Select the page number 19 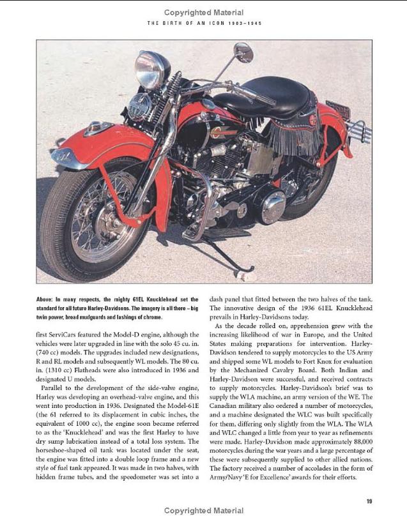coord(369,501)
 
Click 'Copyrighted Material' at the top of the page coord(203,12)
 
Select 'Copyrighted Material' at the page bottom coord(203,511)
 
